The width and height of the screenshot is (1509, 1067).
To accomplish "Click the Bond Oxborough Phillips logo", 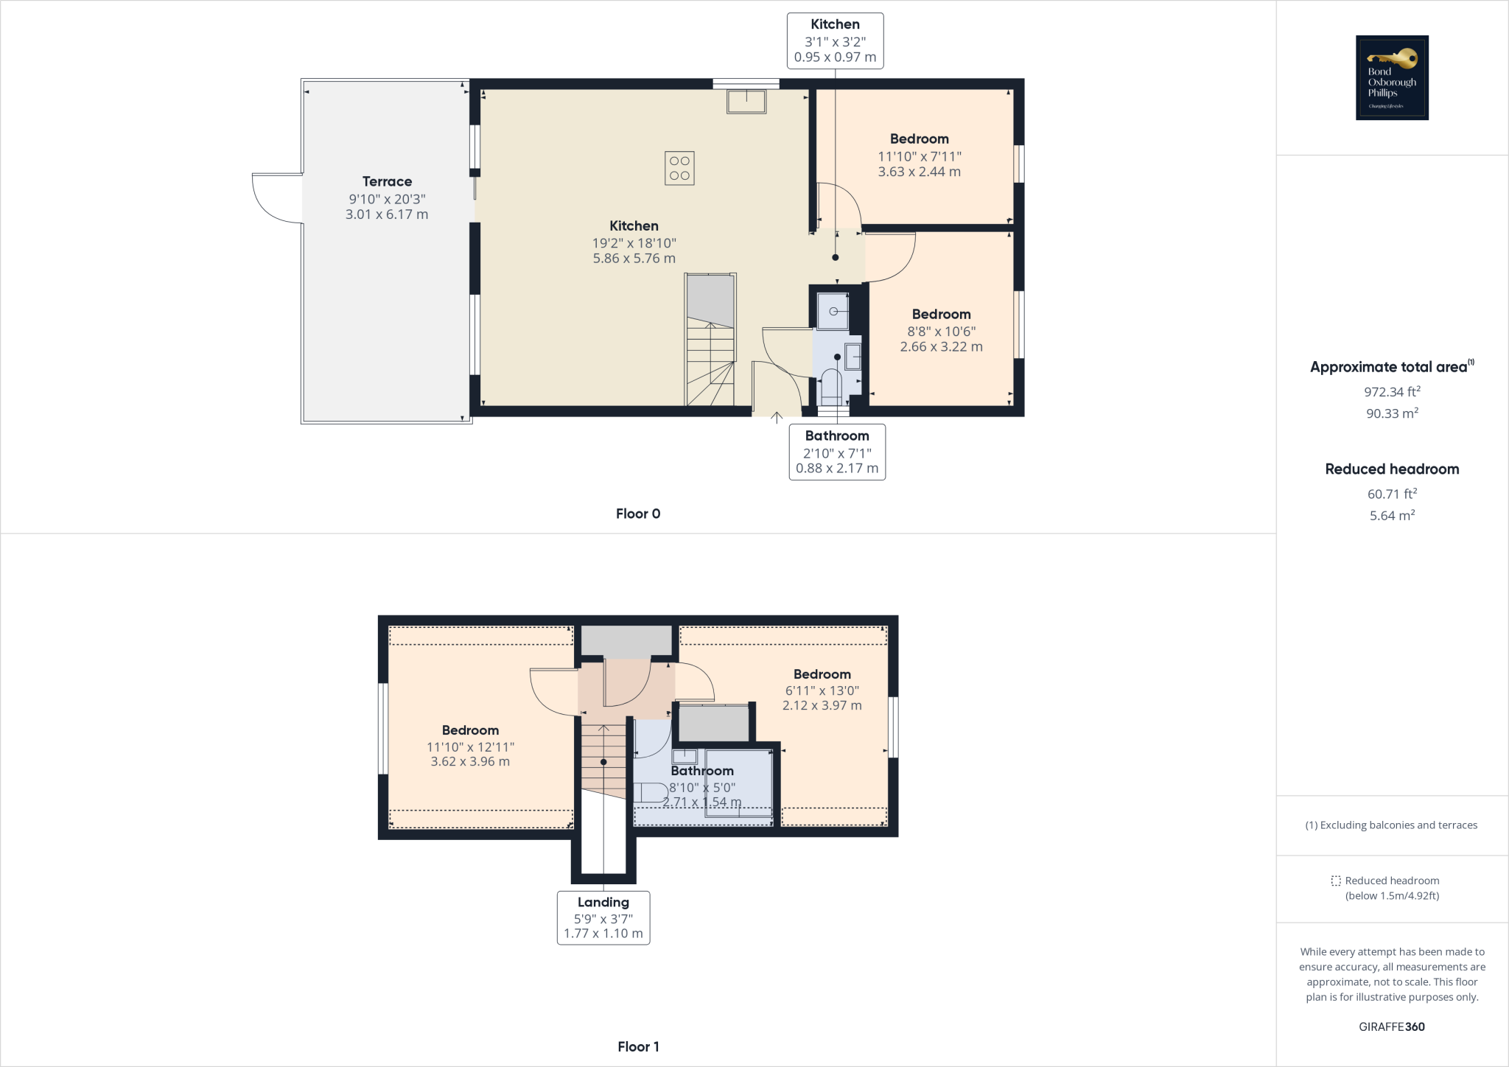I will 1392,77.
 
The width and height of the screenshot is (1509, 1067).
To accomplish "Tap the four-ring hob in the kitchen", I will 679,168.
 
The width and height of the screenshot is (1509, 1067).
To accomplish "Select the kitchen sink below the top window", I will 746,101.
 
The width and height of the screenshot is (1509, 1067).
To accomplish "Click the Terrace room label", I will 387,181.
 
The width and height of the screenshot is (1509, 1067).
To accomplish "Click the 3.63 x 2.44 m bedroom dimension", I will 919,172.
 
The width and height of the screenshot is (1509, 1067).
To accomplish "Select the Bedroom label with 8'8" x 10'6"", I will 941,315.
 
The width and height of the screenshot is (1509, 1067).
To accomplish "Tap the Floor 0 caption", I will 638,514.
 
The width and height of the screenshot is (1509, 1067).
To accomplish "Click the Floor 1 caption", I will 638,1046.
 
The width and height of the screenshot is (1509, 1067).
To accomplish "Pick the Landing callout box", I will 603,917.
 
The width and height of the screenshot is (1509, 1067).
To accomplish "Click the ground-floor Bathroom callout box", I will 837,452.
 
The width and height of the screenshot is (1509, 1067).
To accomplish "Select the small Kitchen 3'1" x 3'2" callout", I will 835,41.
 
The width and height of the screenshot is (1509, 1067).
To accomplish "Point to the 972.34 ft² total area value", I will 1392,391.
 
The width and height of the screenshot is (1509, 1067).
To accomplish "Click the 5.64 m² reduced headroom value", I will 1392,515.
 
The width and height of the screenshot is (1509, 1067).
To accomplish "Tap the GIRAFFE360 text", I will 1392,1026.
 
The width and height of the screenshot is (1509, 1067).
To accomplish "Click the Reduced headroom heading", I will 1392,469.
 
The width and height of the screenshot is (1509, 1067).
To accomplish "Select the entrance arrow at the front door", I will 777,418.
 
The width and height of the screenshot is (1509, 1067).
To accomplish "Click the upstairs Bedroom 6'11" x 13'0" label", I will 822,674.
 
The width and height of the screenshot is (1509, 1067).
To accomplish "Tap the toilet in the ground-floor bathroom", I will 830,385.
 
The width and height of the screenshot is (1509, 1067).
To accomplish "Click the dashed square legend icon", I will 1336,881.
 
